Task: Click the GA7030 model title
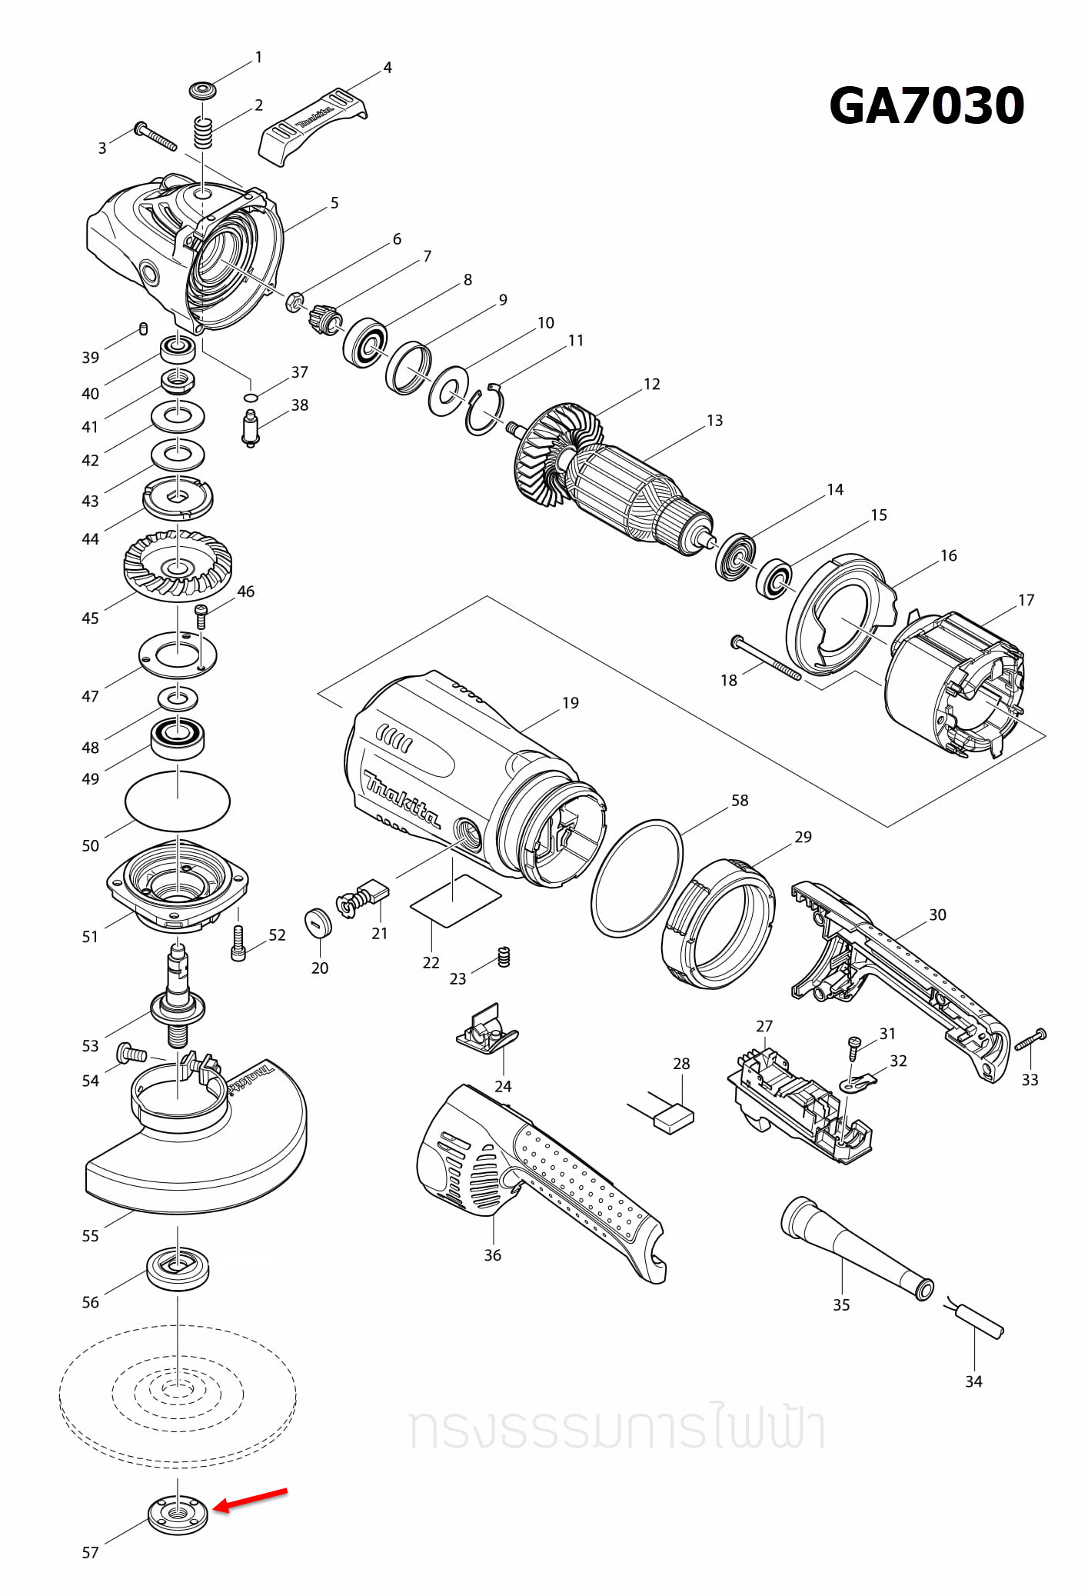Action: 926,106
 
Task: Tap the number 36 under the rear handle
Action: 492,1255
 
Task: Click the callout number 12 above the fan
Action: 651,384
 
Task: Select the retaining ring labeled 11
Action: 484,412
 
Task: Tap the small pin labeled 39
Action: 143,329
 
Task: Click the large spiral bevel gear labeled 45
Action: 178,566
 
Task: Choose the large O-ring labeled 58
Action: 637,878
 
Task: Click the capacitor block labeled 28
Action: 674,1118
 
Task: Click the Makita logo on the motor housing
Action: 401,800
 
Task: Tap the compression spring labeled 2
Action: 201,134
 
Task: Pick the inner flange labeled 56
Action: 178,1268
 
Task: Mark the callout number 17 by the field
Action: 1026,600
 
